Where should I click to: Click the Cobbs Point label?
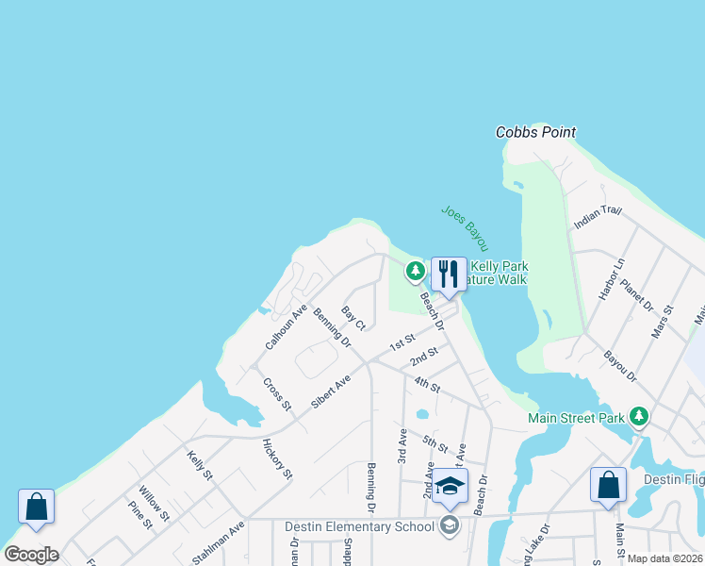point(535,133)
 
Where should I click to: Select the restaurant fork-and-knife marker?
point(449,275)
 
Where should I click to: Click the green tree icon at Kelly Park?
point(415,272)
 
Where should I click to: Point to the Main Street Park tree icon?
point(640,416)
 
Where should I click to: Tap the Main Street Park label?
point(578,417)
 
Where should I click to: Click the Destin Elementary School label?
point(359,525)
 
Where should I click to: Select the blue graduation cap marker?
point(451,487)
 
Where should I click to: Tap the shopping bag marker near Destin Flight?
point(608,485)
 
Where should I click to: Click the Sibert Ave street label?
point(331,390)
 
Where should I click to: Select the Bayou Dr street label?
point(619,364)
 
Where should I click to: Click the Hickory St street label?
point(278,458)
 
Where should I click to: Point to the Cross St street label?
point(277,394)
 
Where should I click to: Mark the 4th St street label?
point(427,385)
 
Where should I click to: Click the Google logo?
point(31,555)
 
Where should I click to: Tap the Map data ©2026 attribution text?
point(664,558)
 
